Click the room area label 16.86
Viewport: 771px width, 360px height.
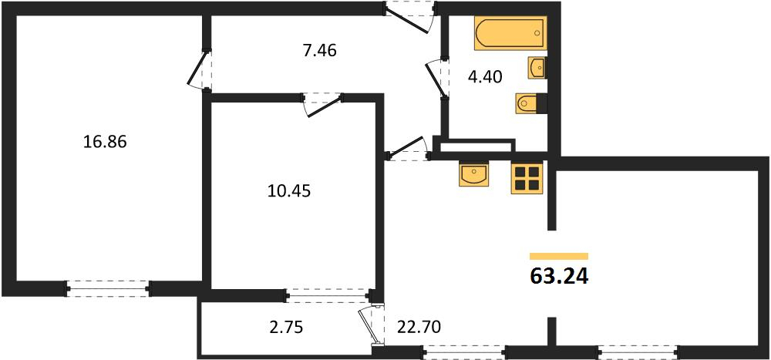(x=105, y=142)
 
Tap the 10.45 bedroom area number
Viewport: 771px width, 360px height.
(x=289, y=190)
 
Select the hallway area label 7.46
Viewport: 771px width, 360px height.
(x=320, y=49)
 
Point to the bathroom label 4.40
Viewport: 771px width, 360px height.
(x=485, y=77)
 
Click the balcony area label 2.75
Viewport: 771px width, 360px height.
(x=286, y=327)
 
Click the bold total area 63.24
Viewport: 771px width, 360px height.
(x=559, y=277)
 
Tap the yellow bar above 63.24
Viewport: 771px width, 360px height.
(x=559, y=256)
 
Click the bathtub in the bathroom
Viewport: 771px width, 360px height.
(x=511, y=33)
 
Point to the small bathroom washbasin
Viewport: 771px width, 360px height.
(x=537, y=68)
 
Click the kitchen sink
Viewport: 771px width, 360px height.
(x=473, y=174)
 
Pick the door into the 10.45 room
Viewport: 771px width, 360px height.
(x=322, y=104)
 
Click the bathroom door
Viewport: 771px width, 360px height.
(x=438, y=79)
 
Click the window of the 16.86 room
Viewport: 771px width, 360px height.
(x=108, y=288)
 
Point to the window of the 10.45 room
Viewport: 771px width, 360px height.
(x=329, y=296)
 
